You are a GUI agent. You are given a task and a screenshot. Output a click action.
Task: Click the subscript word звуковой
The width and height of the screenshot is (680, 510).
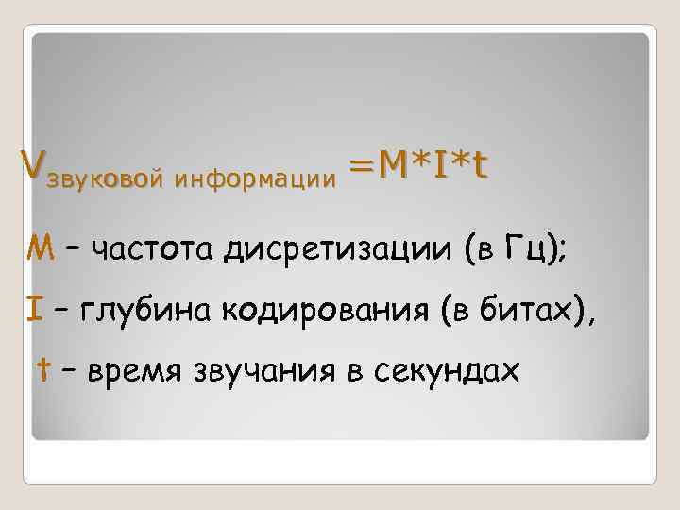pos(93,176)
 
